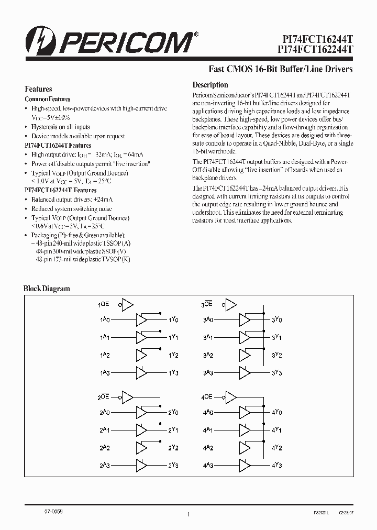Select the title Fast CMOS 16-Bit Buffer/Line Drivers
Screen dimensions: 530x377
(281, 69)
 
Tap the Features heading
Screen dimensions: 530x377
(38, 89)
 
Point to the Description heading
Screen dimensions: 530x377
(210, 85)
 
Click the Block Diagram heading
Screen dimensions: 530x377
(47, 289)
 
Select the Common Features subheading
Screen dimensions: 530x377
(48, 99)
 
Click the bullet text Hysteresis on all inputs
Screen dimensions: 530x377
(60, 127)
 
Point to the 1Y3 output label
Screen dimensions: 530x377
(174, 373)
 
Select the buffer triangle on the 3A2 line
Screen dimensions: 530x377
(245, 355)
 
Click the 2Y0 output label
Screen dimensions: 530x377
(174, 412)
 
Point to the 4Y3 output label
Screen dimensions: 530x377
(277, 466)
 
